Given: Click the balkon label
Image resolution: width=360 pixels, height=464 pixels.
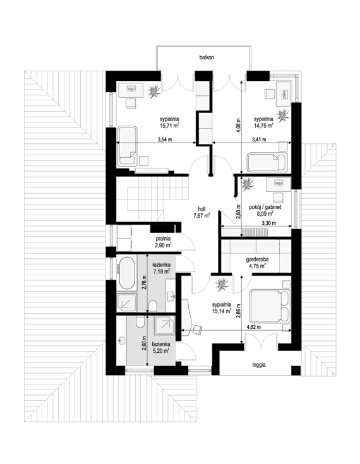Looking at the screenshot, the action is point(207,57).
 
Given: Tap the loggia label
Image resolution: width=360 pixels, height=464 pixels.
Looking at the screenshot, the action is point(259,365).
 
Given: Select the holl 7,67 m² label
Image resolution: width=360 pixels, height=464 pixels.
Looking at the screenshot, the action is point(202,213).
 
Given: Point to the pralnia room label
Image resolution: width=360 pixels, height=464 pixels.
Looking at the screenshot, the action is point(164,239).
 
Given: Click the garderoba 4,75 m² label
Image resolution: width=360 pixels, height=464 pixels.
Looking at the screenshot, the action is point(257,263).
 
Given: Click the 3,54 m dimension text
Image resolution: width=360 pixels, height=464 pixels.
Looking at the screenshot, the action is point(165,140).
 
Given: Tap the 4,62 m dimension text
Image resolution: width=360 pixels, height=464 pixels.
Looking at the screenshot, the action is point(254,327).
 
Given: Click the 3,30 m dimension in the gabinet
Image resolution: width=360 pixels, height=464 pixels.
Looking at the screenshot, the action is point(268,223).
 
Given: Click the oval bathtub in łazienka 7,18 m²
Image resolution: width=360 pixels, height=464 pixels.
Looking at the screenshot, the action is point(127,273).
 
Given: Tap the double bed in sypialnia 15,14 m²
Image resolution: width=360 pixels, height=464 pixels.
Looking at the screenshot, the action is point(270,306).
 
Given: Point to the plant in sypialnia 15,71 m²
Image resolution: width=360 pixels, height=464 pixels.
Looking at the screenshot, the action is point(154,92).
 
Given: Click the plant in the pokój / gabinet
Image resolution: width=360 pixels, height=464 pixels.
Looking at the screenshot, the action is point(248,184).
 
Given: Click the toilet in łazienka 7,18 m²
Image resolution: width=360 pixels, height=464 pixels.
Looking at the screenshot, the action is point(153,306).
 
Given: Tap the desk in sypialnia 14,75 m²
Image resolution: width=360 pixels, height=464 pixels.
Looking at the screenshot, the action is point(283,93).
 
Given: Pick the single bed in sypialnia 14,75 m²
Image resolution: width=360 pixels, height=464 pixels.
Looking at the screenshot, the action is point(267,162).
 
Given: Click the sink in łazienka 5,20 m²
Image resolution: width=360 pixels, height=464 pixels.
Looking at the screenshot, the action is point(121,340).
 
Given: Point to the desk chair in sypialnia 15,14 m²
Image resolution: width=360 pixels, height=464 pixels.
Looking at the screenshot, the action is point(198,330).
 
